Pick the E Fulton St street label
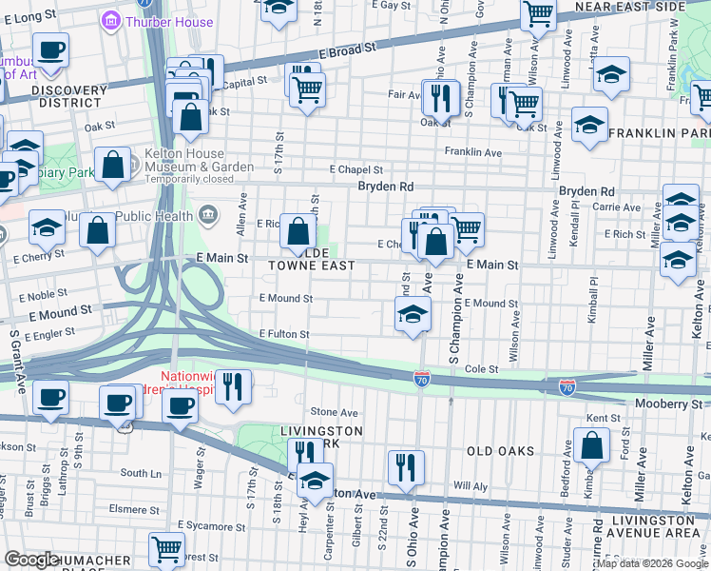pyautogui.click(x=285, y=334)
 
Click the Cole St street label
pyautogui.click(x=482, y=368)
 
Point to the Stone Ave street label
pyautogui.click(x=335, y=412)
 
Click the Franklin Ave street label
pyautogui.click(x=473, y=152)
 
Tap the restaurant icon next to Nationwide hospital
pyautogui.click(x=233, y=386)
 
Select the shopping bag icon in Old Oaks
pyautogui.click(x=591, y=445)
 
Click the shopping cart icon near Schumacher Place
pyautogui.click(x=166, y=549)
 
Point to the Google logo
pyautogui.click(x=32, y=560)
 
